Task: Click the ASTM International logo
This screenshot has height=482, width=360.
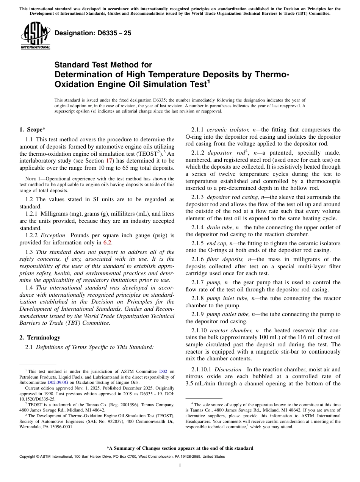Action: pyautogui.click(x=35, y=36)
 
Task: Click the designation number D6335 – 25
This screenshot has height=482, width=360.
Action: pyautogui.click(x=93, y=33)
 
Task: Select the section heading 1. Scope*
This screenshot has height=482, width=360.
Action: pyautogui.click(x=32, y=130)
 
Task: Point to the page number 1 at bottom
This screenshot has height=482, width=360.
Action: pyautogui.click(x=180, y=466)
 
